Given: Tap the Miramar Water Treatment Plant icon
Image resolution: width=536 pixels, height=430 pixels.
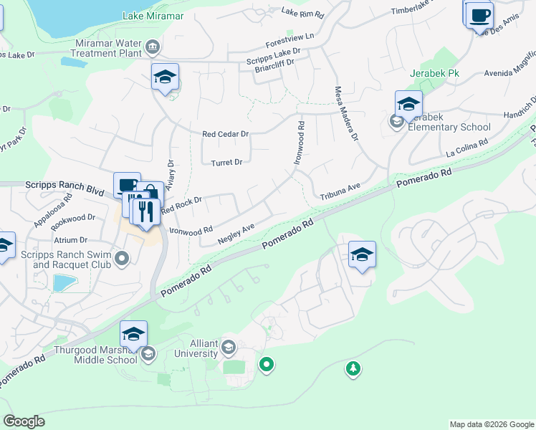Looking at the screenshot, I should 153,48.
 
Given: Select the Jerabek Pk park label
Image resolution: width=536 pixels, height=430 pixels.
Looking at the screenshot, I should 434,73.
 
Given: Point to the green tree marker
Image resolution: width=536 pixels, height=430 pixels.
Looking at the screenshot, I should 353,369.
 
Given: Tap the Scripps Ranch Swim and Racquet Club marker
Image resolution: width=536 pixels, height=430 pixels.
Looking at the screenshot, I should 122,257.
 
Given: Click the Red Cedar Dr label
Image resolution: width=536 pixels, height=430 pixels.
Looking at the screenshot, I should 225,134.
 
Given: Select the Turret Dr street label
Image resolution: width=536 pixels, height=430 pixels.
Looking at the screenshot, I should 226,163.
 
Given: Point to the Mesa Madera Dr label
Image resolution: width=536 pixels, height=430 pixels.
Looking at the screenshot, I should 345,114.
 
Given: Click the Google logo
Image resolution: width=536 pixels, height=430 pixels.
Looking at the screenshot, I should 24,421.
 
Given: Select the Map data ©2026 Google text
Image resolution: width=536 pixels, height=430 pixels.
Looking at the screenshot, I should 491,424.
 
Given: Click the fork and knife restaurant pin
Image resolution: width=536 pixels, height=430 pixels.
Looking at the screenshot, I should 145,212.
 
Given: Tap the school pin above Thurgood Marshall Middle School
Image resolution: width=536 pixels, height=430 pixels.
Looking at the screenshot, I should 133,333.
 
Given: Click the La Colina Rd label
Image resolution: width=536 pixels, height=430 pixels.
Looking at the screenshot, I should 466,148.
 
